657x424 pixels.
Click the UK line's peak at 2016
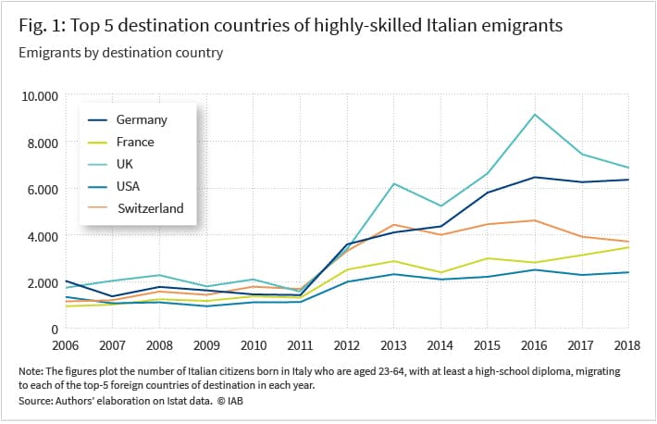click(x=535, y=115)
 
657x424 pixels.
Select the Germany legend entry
click(x=128, y=120)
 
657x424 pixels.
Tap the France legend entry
click(x=121, y=143)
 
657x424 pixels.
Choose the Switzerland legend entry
click(x=136, y=208)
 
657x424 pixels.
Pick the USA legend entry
click(x=114, y=186)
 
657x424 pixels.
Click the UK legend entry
click(x=111, y=164)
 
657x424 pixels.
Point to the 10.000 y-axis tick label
click(x=40, y=96)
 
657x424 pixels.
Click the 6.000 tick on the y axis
click(x=43, y=190)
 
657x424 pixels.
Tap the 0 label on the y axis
click(x=55, y=330)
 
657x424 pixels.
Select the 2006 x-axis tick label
click(x=66, y=345)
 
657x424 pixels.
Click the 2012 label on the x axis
click(x=346, y=345)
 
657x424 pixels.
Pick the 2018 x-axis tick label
click(x=627, y=345)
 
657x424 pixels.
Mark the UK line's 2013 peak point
click(x=394, y=183)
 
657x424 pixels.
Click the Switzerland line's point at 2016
click(x=535, y=220)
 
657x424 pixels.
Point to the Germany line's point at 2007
click(x=112, y=296)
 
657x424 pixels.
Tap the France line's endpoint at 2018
click(x=628, y=247)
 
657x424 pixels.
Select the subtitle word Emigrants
click(x=44, y=53)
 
